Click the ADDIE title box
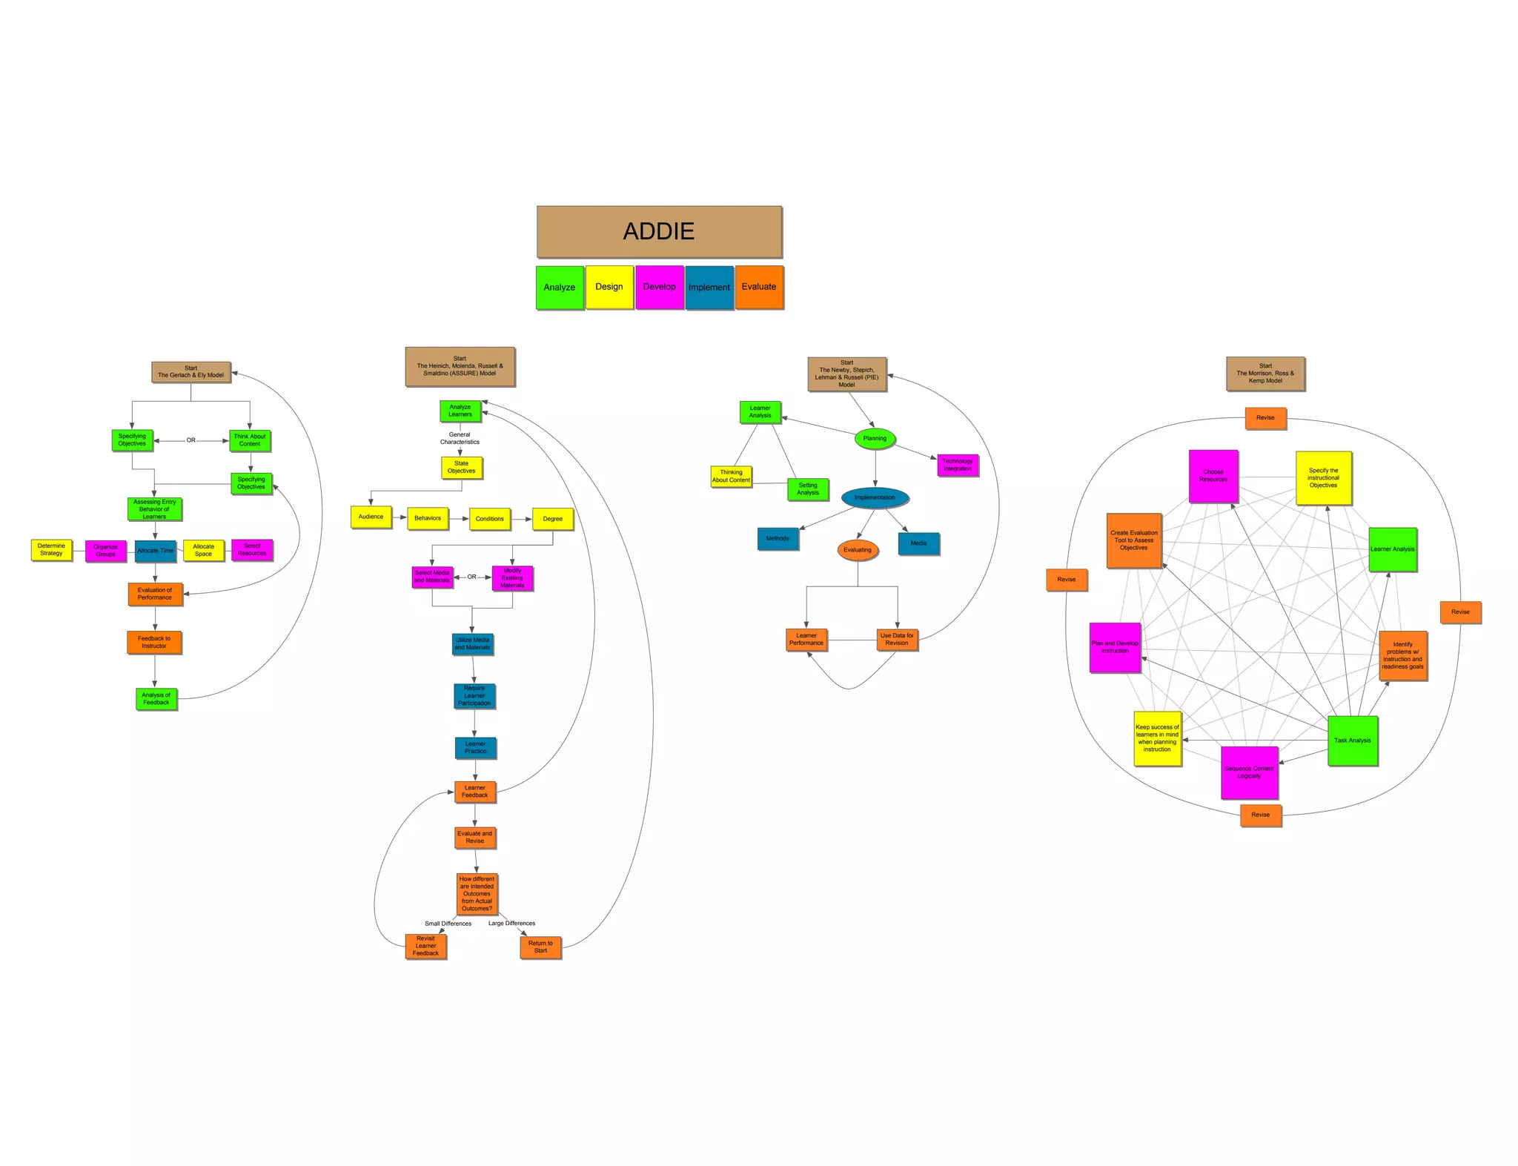click(659, 231)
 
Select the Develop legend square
click(659, 287)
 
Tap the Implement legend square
click(709, 288)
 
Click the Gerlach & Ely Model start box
click(191, 372)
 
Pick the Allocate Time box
click(156, 551)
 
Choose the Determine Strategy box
click(51, 550)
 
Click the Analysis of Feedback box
click(156, 699)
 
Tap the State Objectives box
click(461, 468)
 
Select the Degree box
click(553, 519)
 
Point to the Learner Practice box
click(476, 748)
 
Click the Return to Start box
click(540, 947)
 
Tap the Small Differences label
click(448, 924)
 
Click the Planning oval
click(875, 439)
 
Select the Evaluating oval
click(858, 550)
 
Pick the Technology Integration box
click(958, 466)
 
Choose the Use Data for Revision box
click(897, 640)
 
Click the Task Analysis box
click(1353, 741)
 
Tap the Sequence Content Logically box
click(1249, 772)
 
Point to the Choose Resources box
click(1213, 476)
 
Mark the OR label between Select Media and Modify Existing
click(472, 577)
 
